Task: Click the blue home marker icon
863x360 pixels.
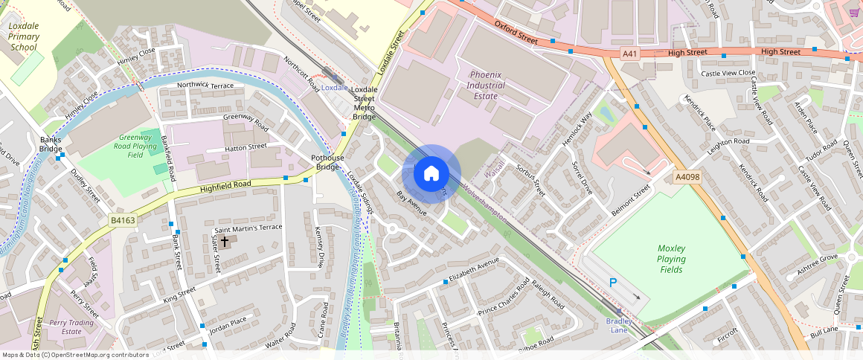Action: click(x=431, y=174)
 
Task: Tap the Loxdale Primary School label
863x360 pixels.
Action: click(x=24, y=36)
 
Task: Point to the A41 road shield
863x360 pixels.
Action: click(x=630, y=53)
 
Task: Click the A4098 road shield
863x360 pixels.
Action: click(x=687, y=177)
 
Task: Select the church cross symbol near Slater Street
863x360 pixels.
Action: click(x=224, y=242)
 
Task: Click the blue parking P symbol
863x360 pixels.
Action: click(x=614, y=283)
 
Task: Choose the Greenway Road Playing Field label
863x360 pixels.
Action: click(x=135, y=147)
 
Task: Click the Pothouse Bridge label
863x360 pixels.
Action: click(x=328, y=163)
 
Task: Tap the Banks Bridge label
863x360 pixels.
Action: click(x=51, y=144)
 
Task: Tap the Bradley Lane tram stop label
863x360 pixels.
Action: click(x=618, y=326)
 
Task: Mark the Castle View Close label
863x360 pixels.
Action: click(x=728, y=73)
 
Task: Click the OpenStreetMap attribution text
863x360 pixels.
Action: click(x=75, y=355)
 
